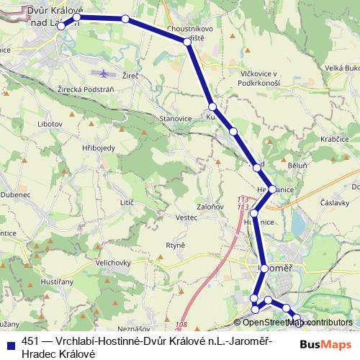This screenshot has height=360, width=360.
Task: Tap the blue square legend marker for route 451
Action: point(10,343)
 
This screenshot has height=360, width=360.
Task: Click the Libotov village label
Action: point(50,124)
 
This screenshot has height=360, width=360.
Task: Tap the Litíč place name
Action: point(127,204)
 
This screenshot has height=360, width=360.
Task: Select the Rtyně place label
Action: point(176,245)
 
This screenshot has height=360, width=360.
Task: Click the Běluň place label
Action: point(297,165)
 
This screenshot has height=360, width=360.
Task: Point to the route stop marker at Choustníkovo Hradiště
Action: point(188,42)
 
